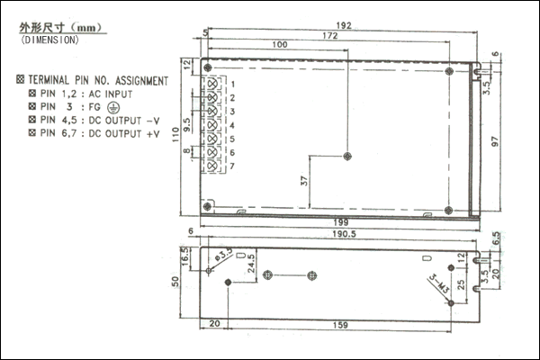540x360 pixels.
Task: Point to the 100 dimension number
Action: click(279, 45)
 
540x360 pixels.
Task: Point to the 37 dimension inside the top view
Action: click(304, 181)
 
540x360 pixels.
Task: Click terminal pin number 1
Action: click(232, 84)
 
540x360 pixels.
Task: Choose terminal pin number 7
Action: click(232, 166)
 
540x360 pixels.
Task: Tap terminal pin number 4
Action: click(232, 125)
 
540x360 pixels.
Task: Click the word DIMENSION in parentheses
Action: click(49, 40)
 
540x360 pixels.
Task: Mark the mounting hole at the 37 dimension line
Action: click(347, 156)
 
